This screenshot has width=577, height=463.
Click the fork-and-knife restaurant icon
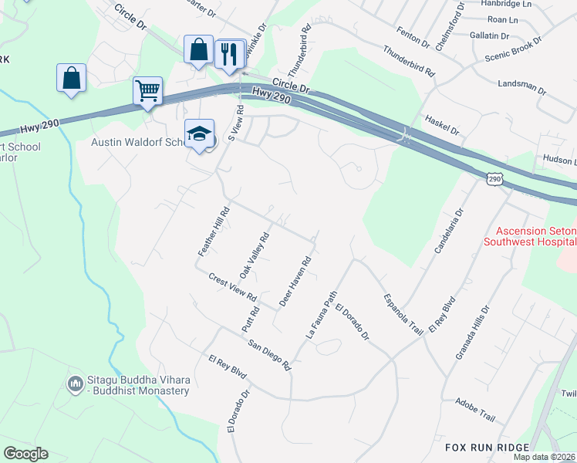click(229, 53)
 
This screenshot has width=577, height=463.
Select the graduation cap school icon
click(199, 133)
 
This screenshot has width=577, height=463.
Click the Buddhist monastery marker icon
click(75, 384)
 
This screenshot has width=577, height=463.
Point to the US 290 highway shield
click(494, 178)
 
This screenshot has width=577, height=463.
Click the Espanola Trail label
click(403, 314)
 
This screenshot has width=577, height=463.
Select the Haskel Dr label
click(443, 124)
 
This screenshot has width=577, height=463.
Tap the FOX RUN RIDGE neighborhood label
click(488, 448)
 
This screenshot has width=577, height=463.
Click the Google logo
click(25, 454)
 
